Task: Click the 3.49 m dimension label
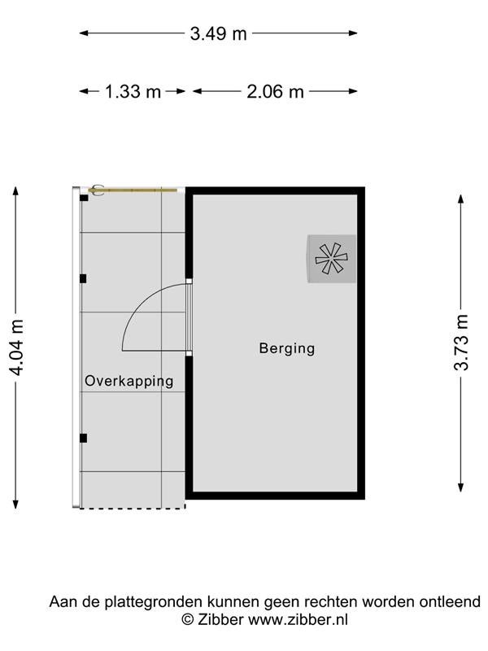[218, 33]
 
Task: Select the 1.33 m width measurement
[133, 91]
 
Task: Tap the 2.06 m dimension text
[275, 91]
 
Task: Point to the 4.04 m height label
[16, 347]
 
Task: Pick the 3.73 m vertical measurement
[461, 343]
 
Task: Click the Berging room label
[287, 348]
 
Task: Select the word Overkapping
[129, 381]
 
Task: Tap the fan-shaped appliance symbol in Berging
[331, 258]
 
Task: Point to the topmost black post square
[84, 198]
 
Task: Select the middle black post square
[83, 278]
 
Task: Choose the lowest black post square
[84, 438]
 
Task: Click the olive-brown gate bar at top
[133, 190]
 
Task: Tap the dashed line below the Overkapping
[133, 508]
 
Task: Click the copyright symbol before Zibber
[188, 619]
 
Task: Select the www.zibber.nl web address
[298, 619]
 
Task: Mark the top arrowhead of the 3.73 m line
[461, 199]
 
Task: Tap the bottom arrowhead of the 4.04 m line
[15, 504]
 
